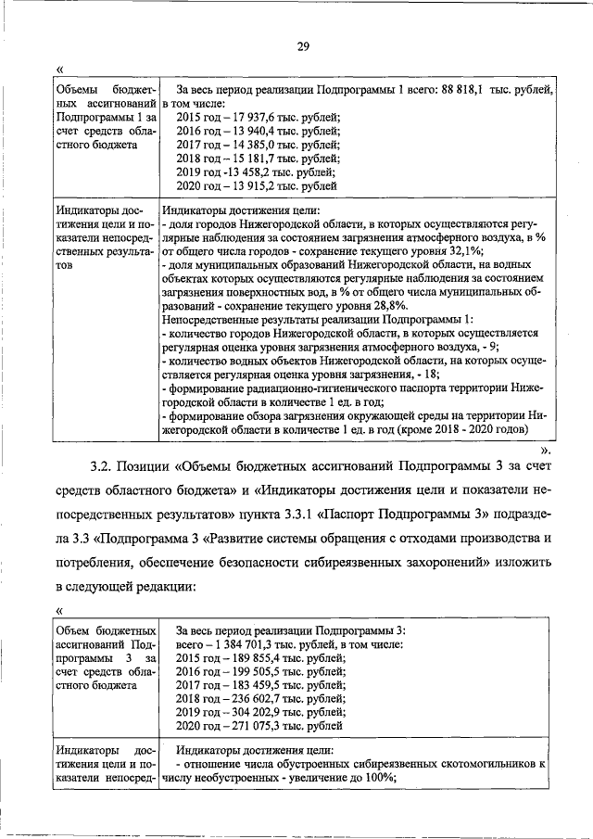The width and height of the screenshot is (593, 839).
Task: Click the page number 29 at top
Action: [x=302, y=48]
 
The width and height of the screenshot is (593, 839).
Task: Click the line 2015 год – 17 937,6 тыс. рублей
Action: [x=259, y=117]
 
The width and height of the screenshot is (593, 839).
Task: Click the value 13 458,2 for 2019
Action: [x=246, y=172]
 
